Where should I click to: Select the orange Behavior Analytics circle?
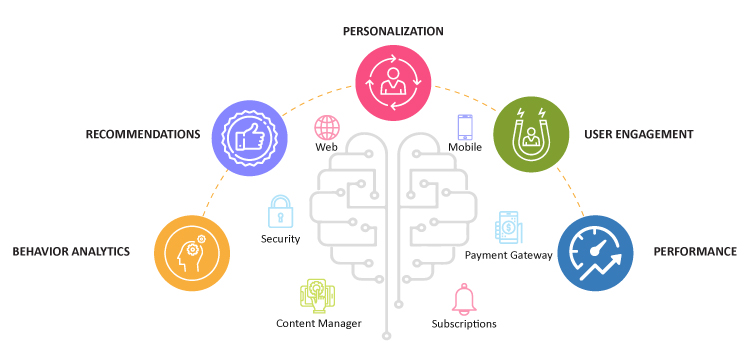(192, 253)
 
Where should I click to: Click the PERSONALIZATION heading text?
(393, 31)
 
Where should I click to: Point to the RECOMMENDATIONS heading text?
(143, 134)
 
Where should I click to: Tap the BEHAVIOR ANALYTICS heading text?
(71, 252)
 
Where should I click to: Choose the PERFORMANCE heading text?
(694, 252)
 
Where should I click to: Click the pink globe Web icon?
(327, 127)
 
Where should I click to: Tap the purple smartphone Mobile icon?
(465, 127)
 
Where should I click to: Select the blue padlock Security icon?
(280, 212)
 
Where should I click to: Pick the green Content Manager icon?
(315, 295)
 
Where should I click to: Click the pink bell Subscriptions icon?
(463, 299)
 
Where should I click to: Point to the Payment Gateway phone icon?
(508, 228)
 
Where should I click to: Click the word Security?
(280, 239)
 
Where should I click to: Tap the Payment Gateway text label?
(509, 255)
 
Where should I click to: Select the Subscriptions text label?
(464, 323)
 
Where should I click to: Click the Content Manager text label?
(318, 323)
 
